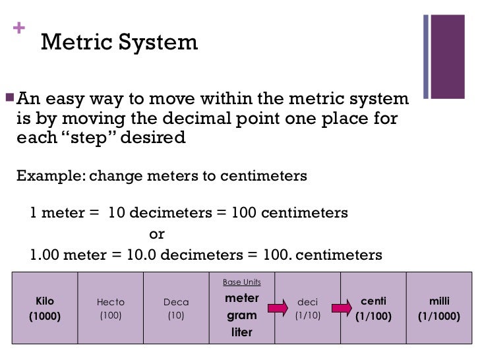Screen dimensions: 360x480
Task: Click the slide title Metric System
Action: pos(119,43)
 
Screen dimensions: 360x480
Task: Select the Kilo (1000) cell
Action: pos(45,309)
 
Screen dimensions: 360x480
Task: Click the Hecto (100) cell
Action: pos(111,309)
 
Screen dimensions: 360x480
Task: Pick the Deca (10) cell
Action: pos(176,309)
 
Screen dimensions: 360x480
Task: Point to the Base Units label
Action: pos(241,282)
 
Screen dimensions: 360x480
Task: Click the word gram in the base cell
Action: pos(241,315)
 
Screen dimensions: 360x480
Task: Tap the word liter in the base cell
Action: pos(241,332)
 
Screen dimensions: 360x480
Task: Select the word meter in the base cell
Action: pos(241,298)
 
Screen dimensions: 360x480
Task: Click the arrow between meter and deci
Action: pos(278,307)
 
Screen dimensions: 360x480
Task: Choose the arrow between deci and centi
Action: pos(342,307)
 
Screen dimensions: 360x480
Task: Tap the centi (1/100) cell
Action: pos(374,309)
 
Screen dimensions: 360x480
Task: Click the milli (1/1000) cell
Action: pos(439,309)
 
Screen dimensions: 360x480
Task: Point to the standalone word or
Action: pos(157,234)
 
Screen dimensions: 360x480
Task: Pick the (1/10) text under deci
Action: pos(307,316)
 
